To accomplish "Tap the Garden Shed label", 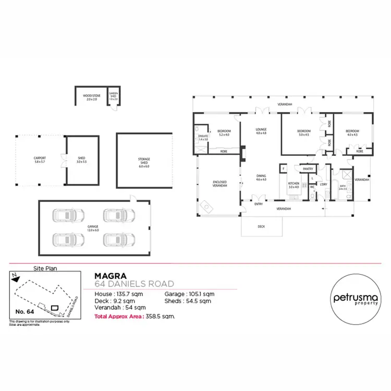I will (113, 96).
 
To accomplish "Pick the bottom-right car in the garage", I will (116, 239).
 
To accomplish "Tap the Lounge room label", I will (261, 131).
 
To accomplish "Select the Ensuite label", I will (203, 138).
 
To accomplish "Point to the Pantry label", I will (308, 168).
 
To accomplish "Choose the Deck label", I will (262, 227).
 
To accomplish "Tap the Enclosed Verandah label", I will (219, 184).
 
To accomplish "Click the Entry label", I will (259, 204).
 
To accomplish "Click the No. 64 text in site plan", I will (25, 311).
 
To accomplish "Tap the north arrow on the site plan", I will (18, 278).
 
